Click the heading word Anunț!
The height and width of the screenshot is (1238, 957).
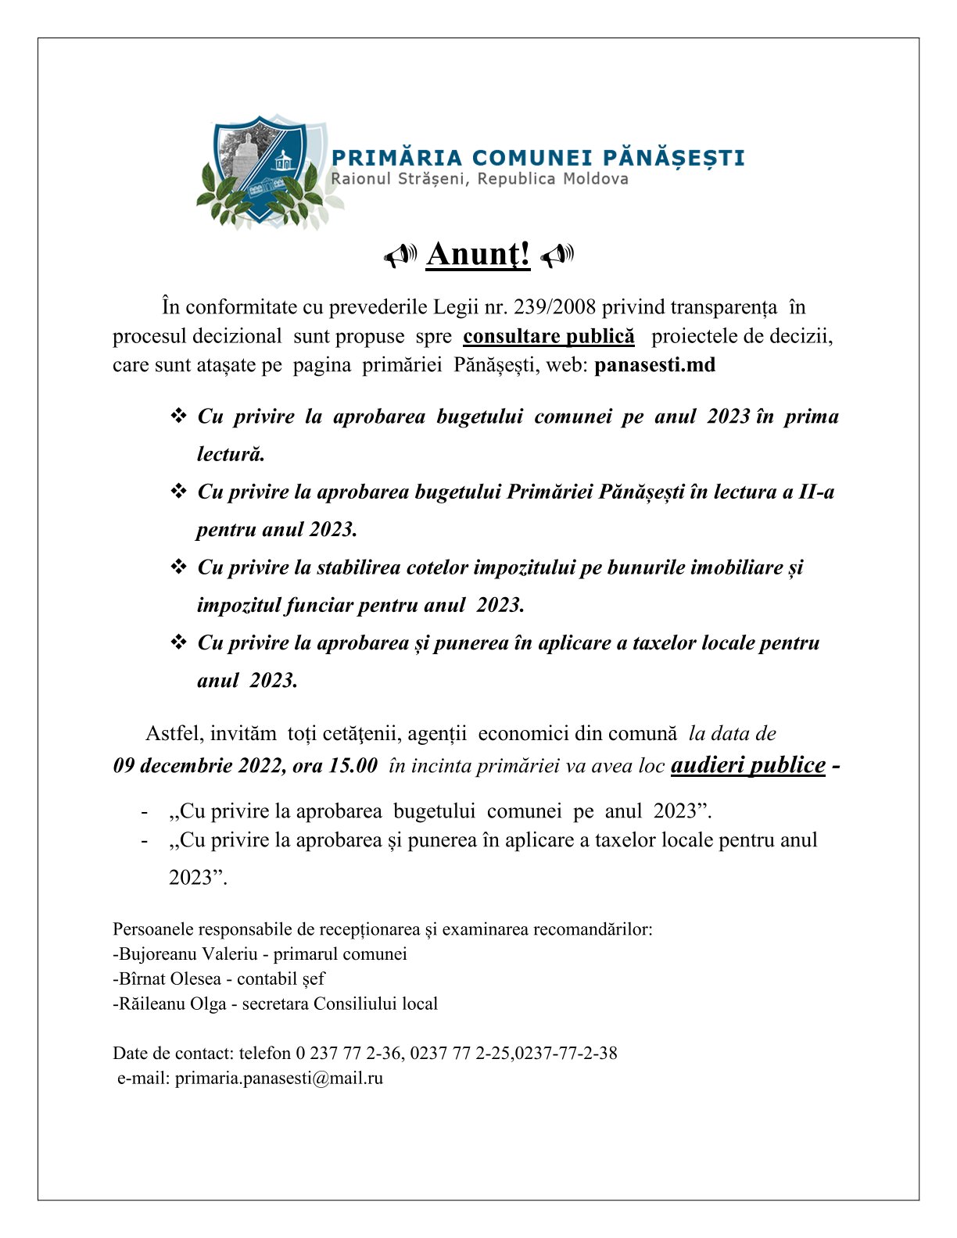[478, 254]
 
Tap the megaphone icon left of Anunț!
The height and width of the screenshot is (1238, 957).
[400, 255]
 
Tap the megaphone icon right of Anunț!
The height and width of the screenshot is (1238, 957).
[557, 255]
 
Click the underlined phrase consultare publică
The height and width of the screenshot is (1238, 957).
[549, 336]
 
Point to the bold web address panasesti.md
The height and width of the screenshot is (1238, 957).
[654, 365]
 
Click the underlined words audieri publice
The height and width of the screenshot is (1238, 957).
[747, 764]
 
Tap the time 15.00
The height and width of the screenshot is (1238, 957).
[353, 765]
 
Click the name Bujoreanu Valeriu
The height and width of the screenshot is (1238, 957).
[188, 954]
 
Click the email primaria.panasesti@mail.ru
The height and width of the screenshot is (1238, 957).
[279, 1079]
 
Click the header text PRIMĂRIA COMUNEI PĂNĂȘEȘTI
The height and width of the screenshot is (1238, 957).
[538, 158]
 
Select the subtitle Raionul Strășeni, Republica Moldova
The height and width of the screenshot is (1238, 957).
[479, 179]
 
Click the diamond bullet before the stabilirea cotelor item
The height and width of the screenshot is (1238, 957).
[178, 567]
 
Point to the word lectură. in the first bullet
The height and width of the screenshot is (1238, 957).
[231, 454]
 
